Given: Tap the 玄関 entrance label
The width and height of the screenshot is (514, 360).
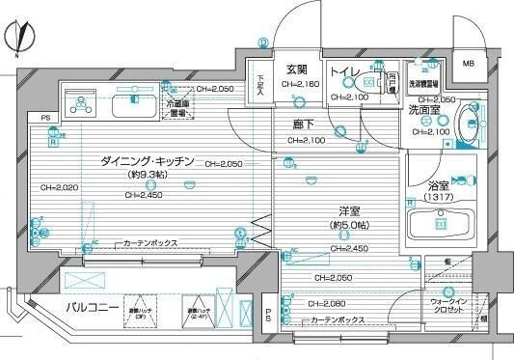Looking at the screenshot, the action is (295, 69).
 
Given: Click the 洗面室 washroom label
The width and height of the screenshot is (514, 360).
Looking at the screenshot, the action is (422, 111).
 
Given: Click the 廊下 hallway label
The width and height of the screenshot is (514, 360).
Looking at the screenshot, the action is (308, 125).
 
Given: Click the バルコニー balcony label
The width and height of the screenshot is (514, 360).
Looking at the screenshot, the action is (93, 308).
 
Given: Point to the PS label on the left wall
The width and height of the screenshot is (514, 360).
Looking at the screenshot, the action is (45, 119).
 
